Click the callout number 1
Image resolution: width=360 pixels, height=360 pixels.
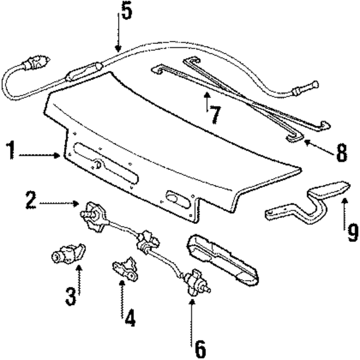[x=10, y=152]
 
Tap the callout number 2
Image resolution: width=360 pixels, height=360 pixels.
[x=31, y=200]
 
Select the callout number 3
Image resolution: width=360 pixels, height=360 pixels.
[x=70, y=296]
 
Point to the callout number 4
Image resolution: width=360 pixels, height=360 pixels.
[x=130, y=319]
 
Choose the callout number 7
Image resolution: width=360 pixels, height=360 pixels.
[x=214, y=116]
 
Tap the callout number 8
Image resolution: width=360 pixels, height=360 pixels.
[x=341, y=153]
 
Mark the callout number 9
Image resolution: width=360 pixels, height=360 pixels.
[x=352, y=231]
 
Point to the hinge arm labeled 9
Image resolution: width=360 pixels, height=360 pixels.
[x=307, y=202]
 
